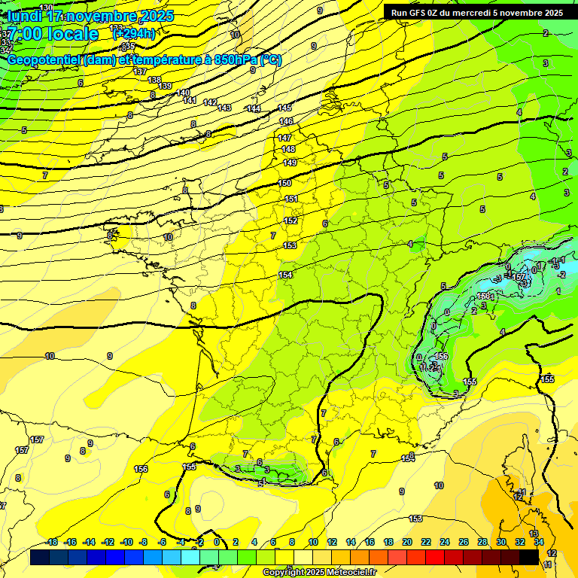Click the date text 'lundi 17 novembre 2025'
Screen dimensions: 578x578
pyautogui.click(x=90, y=16)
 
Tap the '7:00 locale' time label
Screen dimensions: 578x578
pyautogui.click(x=53, y=34)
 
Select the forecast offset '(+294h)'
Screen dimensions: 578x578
pyautogui.click(x=133, y=34)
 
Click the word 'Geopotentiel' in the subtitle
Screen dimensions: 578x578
pyautogui.click(x=44, y=60)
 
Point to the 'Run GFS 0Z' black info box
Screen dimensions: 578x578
pyautogui.click(x=476, y=12)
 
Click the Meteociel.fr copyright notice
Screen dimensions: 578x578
pyautogui.click(x=320, y=572)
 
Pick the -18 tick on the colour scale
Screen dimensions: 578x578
pyautogui.click(x=51, y=542)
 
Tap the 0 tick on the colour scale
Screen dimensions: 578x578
pyautogui.click(x=217, y=542)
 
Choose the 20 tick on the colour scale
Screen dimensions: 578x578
pyautogui.click(x=406, y=542)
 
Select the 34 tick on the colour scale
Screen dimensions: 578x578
pyautogui.click(x=539, y=542)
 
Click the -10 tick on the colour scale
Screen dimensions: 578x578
pyautogui.click(x=126, y=542)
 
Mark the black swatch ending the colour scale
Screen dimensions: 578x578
pyautogui.click(x=529, y=556)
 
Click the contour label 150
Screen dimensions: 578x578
pyautogui.click(x=284, y=183)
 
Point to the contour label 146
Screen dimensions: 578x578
pyautogui.click(x=286, y=121)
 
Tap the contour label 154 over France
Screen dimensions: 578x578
pyautogui.click(x=285, y=275)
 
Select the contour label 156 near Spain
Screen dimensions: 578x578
pyautogui.click(x=141, y=469)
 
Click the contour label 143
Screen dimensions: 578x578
pyautogui.click(x=224, y=108)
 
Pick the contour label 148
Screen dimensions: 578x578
pyautogui.click(x=288, y=149)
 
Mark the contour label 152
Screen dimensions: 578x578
pyautogui.click(x=291, y=221)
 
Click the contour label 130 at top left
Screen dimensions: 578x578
pyautogui.click(x=46, y=8)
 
